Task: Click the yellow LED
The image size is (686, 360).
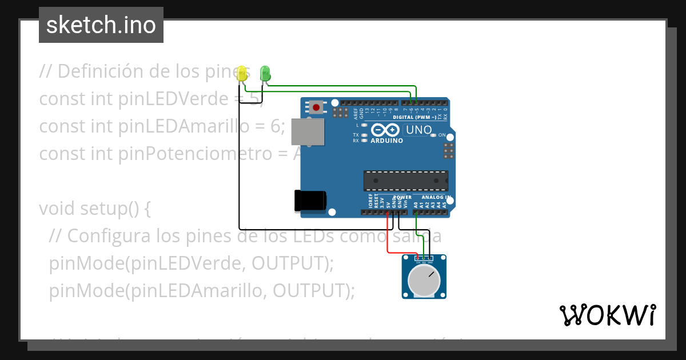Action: [242, 73]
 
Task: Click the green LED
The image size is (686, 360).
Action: [265, 73]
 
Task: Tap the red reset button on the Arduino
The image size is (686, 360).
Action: [316, 107]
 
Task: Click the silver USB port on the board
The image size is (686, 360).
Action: [306, 132]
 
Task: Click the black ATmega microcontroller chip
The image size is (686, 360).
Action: [406, 181]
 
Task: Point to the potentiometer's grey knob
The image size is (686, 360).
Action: [424, 281]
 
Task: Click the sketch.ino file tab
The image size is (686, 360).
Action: [101, 25]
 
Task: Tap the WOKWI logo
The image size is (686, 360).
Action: [608, 315]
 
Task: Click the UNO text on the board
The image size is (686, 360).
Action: [419, 130]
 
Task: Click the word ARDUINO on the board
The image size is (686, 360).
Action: [387, 141]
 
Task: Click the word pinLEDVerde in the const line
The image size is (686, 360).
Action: [174, 99]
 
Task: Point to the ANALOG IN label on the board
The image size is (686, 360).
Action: [436, 198]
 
